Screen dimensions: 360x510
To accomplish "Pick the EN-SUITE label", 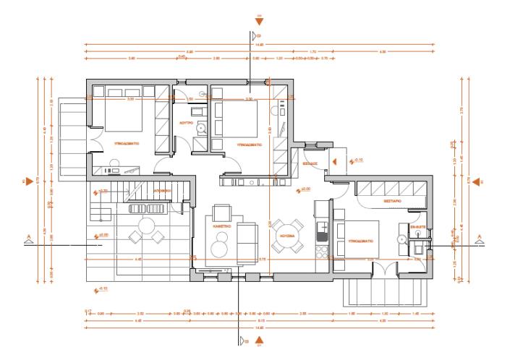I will tap(418, 226).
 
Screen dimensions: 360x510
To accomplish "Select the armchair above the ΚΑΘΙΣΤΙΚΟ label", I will tap(221, 213).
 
